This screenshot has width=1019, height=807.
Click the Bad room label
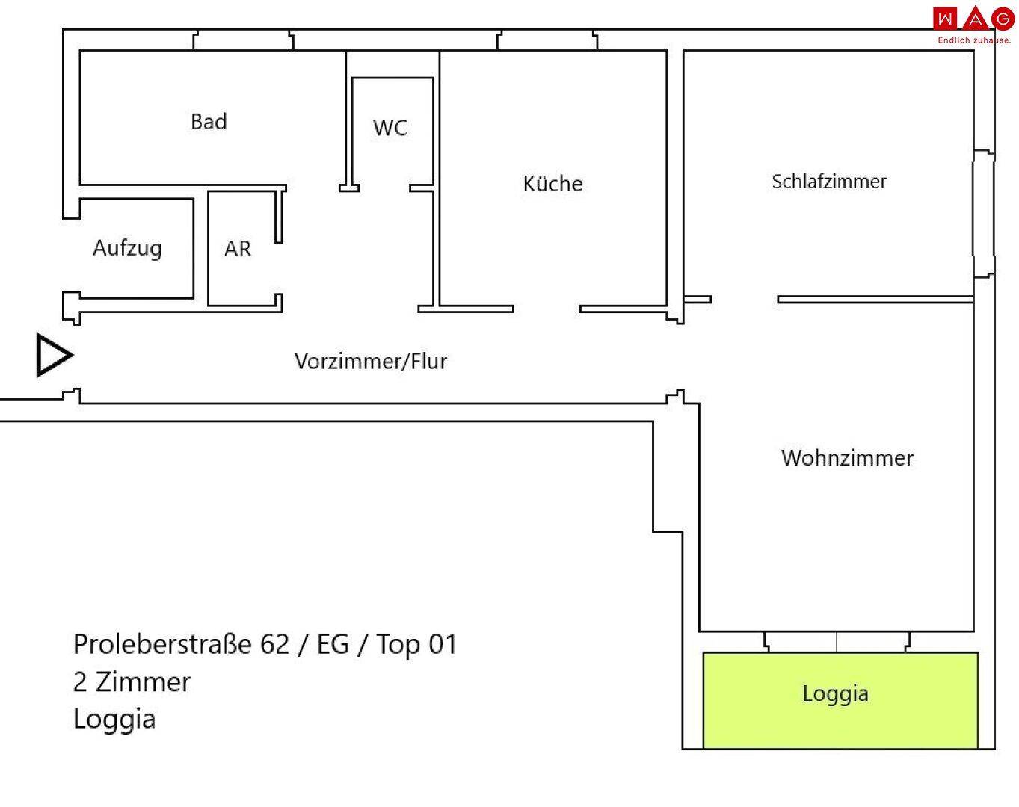[209, 122]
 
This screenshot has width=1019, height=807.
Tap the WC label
[390, 128]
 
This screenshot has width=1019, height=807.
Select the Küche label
[552, 184]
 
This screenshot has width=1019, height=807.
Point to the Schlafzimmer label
[829, 182]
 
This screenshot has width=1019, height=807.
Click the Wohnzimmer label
[847, 458]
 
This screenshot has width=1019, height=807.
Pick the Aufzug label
[127, 248]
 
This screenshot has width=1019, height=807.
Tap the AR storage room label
[238, 250]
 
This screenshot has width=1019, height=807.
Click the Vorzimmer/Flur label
[371, 362]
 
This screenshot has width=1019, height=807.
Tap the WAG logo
[973, 19]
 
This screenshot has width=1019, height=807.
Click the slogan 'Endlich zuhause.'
[974, 40]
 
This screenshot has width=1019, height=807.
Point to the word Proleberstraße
[162, 644]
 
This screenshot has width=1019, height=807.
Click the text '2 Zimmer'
[132, 682]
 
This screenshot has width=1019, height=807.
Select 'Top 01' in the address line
[416, 644]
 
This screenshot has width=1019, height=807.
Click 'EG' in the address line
[333, 644]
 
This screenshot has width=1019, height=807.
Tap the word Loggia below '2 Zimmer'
[114, 720]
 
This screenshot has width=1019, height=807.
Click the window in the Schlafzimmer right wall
[983, 214]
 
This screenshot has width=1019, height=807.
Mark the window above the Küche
[547, 40]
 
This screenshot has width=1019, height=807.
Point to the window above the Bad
[243, 40]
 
